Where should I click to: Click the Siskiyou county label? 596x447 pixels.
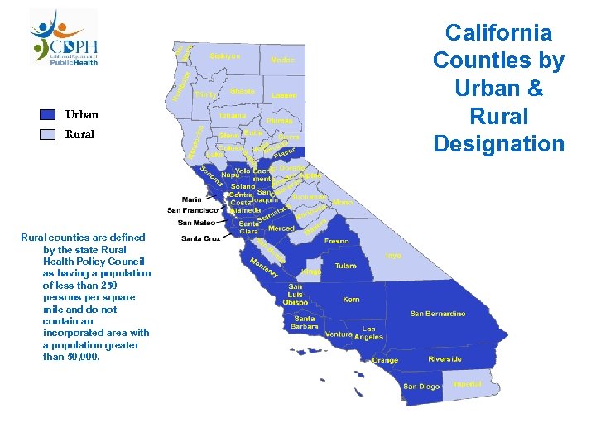pos(225,55)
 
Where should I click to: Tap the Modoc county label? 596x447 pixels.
pos(282,60)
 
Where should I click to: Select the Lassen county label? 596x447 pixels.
pos(284,95)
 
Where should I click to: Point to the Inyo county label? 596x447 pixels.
pos(393,256)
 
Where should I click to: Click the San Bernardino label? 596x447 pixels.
pos(438,314)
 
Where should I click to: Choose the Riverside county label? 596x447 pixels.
pos(445,359)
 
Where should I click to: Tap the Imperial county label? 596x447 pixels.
pos(468,384)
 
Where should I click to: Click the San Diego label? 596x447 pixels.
pos(421,387)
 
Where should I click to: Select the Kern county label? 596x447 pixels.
pos(352,300)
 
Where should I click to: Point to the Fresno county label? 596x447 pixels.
pos(337,240)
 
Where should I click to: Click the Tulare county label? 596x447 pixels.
pos(346,266)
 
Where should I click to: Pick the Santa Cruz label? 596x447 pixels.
pos(200,238)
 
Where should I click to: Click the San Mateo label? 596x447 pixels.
pos(196,223)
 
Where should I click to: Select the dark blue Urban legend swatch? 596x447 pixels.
pos(48,115)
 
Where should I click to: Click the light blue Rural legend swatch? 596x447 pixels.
pos(48,134)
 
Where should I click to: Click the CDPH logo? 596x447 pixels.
pos(65,37)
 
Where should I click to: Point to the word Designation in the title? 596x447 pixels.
pos(498,145)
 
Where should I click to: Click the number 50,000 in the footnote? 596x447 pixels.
pos(79,357)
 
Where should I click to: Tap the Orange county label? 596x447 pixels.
pos(385,360)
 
